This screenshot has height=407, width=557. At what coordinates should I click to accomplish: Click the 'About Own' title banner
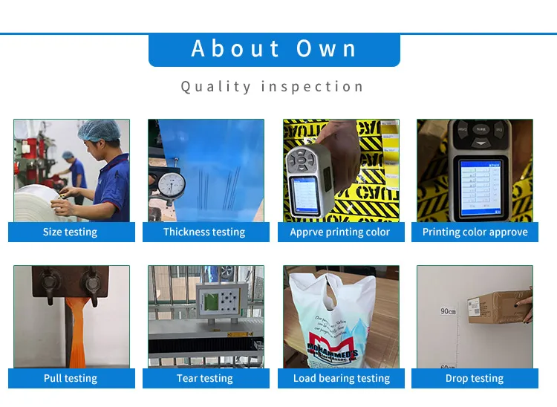tap(274, 50)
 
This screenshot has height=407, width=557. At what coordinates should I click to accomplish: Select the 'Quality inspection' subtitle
tap(272, 87)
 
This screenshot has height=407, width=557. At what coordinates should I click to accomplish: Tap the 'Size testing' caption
tap(71, 232)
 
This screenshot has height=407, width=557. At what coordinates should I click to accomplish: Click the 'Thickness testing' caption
tap(204, 232)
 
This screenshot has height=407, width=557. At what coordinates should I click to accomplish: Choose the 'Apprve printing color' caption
tap(340, 232)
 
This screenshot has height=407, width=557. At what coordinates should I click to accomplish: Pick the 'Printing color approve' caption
tap(475, 232)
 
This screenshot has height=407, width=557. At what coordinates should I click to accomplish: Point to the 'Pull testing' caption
tap(71, 378)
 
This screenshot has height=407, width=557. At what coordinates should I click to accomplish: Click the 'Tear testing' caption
tap(204, 378)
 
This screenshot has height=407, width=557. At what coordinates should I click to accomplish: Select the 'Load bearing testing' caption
tap(340, 378)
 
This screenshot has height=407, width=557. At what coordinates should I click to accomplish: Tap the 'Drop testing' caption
tap(475, 378)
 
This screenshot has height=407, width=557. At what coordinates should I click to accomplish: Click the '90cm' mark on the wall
tap(448, 311)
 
